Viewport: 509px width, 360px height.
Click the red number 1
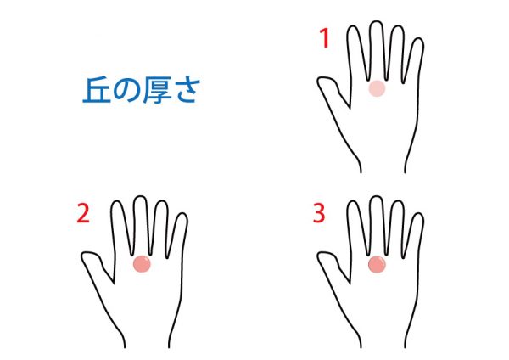click(x=324, y=38)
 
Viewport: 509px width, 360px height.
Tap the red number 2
click(x=83, y=213)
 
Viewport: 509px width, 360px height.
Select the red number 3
click(x=319, y=213)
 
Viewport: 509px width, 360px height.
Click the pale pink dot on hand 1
click(x=377, y=88)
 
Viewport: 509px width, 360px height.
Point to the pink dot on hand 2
click(x=142, y=264)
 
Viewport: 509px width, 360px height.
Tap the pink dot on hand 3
click(x=377, y=264)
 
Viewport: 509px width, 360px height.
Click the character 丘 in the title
click(x=95, y=91)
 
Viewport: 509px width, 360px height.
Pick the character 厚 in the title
click(x=155, y=91)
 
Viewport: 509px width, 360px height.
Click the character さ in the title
click(x=185, y=91)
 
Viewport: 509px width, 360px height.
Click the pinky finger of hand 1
click(x=414, y=60)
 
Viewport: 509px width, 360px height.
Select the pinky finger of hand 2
click(x=178, y=235)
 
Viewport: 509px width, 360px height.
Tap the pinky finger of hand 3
click(x=414, y=235)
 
